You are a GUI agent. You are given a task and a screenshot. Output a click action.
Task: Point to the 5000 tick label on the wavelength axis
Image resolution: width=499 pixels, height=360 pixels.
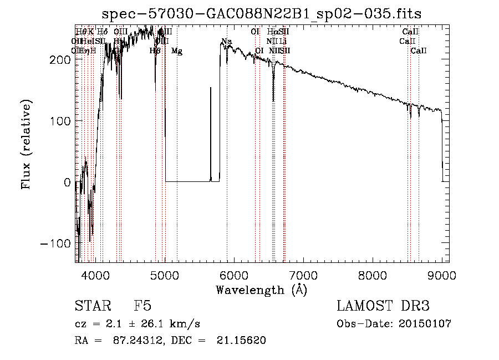(165, 275)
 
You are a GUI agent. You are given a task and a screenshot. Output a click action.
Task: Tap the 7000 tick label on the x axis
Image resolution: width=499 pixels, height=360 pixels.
(303, 275)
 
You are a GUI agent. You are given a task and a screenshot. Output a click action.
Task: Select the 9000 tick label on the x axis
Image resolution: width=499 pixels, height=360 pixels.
(442, 275)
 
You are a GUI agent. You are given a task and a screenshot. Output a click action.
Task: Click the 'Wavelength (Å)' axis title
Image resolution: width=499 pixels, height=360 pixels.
(261, 290)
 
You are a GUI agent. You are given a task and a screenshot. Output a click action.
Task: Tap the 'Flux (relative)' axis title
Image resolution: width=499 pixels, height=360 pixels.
(26, 144)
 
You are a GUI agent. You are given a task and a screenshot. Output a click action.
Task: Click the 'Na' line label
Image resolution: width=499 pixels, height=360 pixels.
(227, 42)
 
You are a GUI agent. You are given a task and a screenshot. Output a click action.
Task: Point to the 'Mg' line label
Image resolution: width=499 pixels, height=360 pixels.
(177, 51)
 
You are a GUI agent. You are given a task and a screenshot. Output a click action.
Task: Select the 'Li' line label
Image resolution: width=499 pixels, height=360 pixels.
(283, 41)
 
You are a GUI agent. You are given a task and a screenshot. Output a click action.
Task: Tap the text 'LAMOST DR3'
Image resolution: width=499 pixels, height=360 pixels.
(383, 306)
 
